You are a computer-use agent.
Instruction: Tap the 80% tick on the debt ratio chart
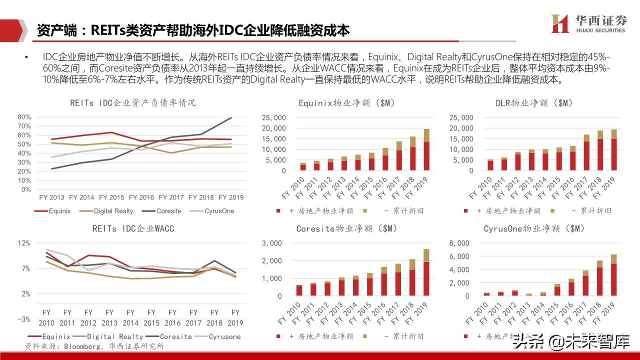coord(24,117)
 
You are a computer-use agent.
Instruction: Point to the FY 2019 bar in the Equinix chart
coord(426,150)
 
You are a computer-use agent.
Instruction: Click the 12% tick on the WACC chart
coord(24,243)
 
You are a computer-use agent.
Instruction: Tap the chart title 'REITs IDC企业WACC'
coord(133,229)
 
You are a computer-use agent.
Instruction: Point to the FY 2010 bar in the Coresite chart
coord(299,290)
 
